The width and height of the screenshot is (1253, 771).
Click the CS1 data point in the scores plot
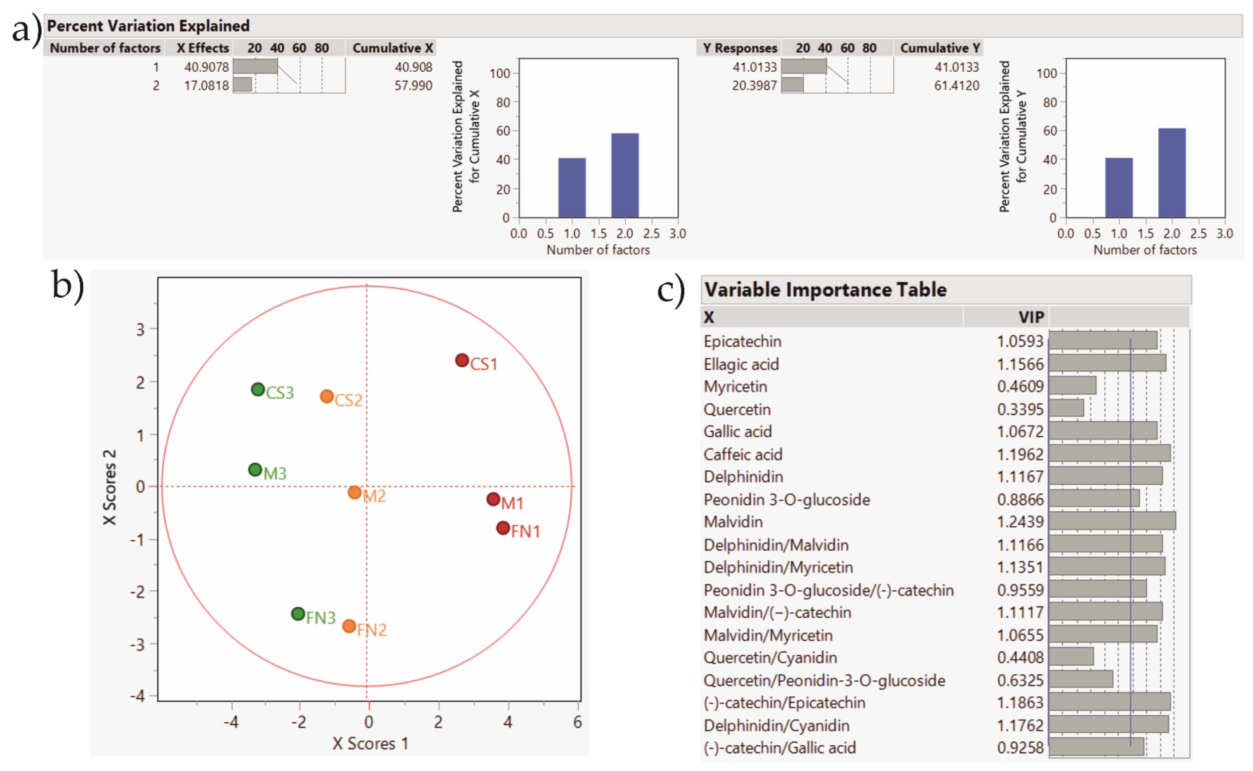click(462, 360)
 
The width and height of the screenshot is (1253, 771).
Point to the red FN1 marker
click(503, 528)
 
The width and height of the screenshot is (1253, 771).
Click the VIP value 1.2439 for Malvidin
click(1020, 522)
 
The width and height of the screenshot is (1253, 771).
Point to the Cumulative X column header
click(392, 48)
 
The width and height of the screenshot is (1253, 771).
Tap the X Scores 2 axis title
click(110, 487)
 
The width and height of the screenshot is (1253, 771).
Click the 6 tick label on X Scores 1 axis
click(577, 722)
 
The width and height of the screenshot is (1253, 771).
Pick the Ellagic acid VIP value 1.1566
click(1020, 364)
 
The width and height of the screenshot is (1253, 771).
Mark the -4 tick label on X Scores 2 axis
click(138, 696)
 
